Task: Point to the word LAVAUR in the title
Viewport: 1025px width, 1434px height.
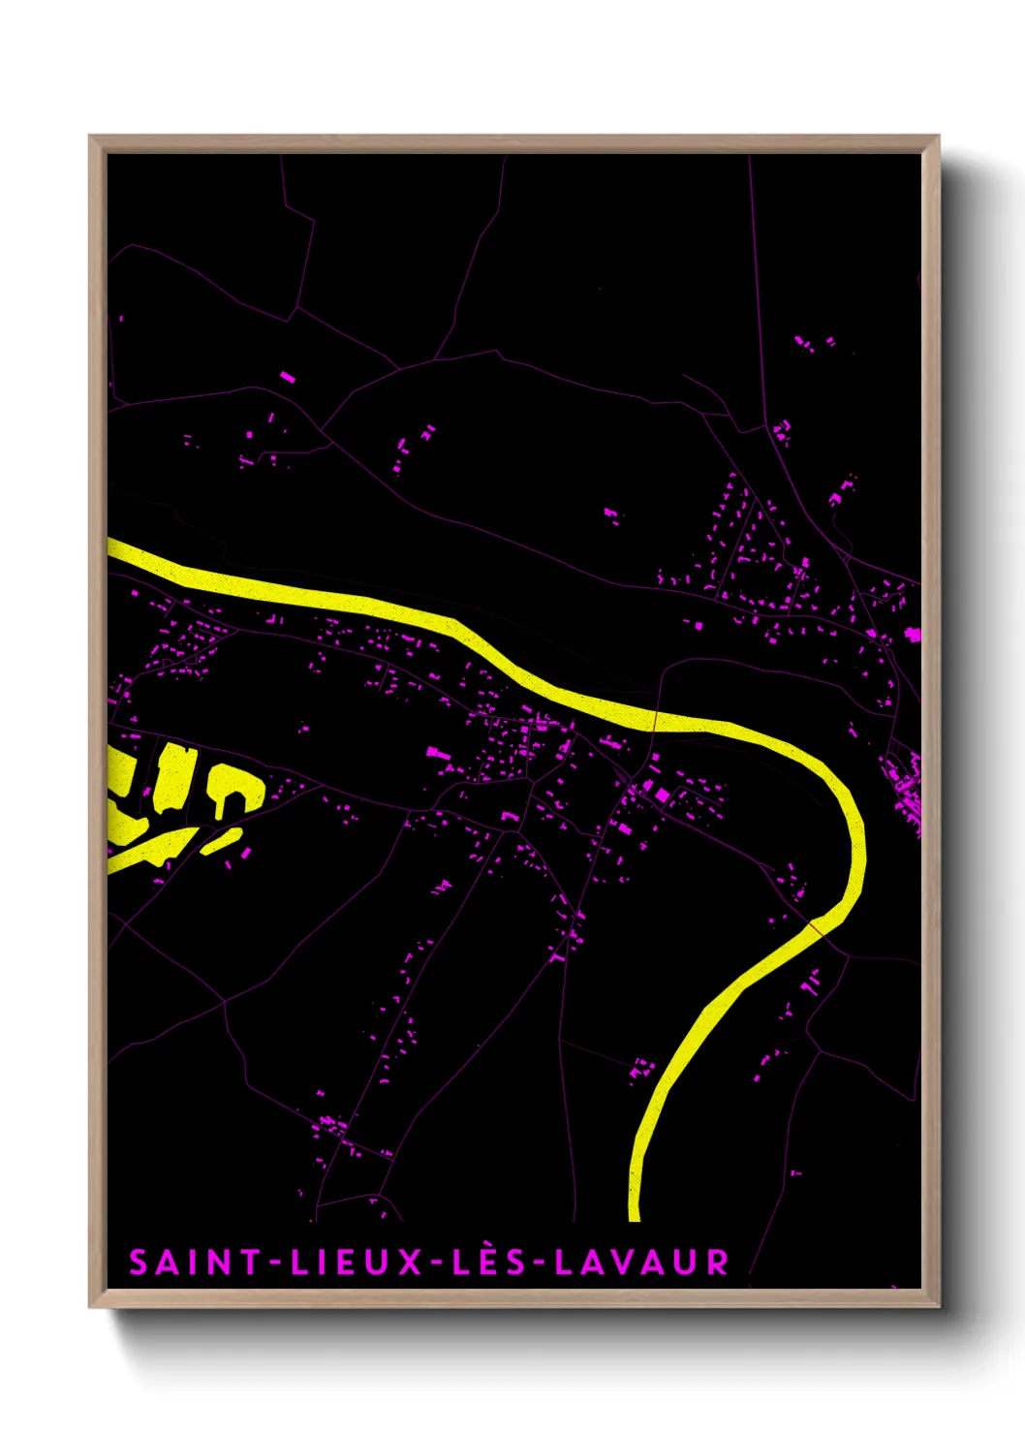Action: coord(642,1263)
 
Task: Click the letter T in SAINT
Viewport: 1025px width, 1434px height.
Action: coord(251,1263)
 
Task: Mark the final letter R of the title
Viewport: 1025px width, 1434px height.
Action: coord(718,1263)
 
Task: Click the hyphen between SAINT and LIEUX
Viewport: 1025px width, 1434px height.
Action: coord(275,1263)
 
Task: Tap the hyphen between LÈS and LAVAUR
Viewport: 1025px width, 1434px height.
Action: coord(540,1263)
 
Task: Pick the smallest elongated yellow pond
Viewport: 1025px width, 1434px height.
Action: coord(222,841)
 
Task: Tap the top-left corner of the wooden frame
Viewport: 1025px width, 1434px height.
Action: coord(91,138)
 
